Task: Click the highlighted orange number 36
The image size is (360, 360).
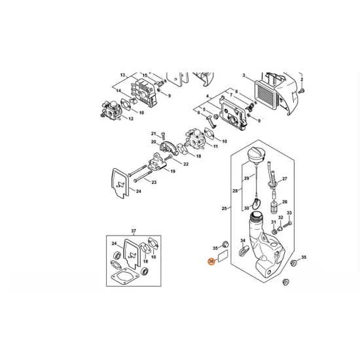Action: (211, 262)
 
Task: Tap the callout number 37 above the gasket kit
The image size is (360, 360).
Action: (134, 232)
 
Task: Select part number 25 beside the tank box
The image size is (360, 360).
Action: (224, 209)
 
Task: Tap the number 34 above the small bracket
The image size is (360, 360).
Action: (243, 241)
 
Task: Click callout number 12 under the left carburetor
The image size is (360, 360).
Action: (131, 119)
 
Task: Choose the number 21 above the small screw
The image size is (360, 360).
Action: (154, 133)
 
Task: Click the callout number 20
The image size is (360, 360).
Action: (153, 142)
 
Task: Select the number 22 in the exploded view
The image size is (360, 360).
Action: (187, 164)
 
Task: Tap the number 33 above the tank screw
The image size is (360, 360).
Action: (290, 214)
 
